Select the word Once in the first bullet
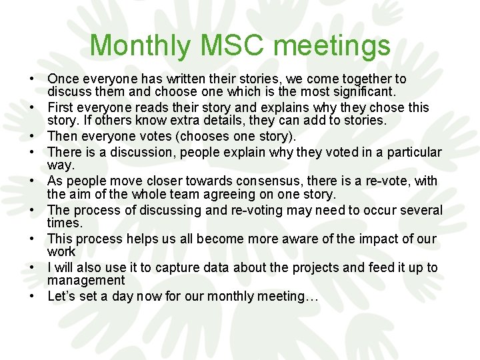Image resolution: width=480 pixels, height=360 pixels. pyautogui.click(x=63, y=79)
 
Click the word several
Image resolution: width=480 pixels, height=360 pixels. pyautogui.click(x=421, y=210)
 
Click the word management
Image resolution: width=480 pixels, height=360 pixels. pyautogui.click(x=86, y=281)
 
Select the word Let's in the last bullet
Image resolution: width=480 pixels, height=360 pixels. pyautogui.click(x=61, y=296)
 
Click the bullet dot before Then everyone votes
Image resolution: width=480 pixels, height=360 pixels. pyautogui.click(x=31, y=136)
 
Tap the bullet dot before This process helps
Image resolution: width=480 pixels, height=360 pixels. pyautogui.click(x=31, y=239)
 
